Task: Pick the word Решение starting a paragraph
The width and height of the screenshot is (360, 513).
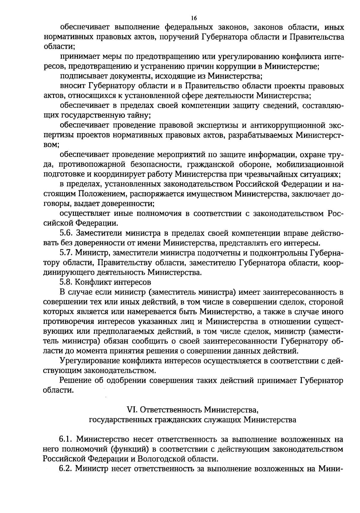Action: [x=76, y=380]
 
